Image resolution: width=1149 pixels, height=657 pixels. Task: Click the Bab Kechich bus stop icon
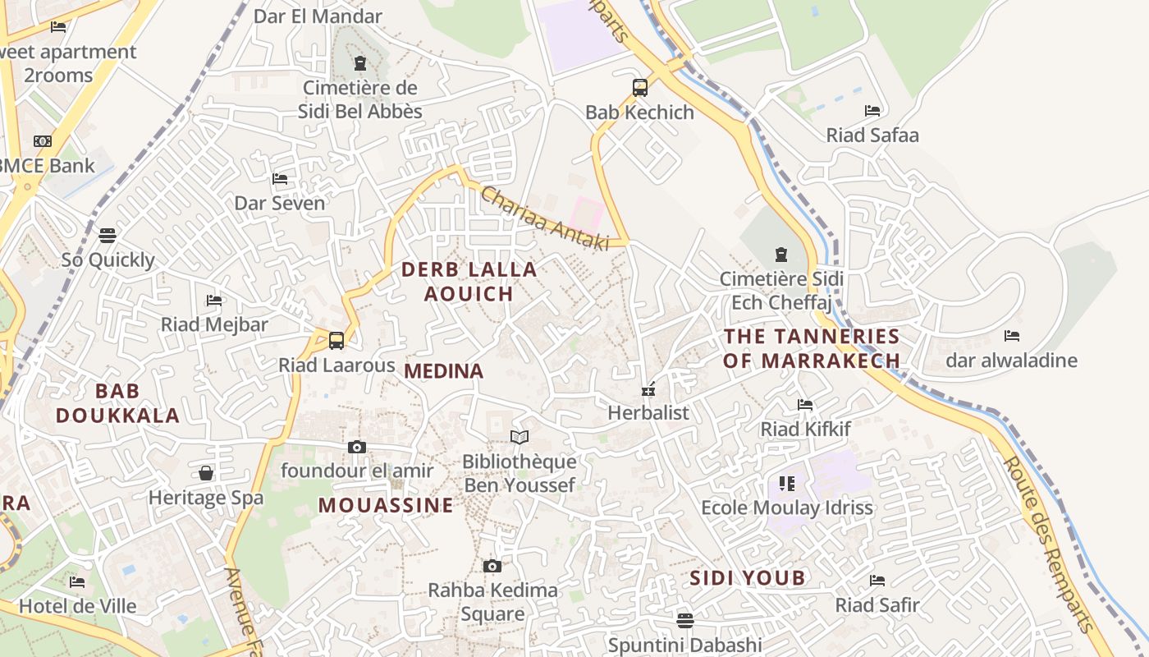pyautogui.click(x=639, y=87)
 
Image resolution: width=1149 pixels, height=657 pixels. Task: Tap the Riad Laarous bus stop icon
pyautogui.click(x=336, y=340)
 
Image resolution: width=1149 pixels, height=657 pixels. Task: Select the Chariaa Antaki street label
pyautogui.click(x=544, y=218)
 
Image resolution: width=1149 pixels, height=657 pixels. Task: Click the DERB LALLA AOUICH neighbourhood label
pyautogui.click(x=469, y=281)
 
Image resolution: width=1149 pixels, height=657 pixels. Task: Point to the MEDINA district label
pyautogui.click(x=444, y=371)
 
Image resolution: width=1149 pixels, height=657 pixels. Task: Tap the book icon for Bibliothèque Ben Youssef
pyautogui.click(x=519, y=437)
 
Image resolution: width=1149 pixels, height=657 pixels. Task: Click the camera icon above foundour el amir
pyautogui.click(x=356, y=447)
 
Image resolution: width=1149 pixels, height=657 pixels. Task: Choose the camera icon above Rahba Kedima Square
pyautogui.click(x=492, y=566)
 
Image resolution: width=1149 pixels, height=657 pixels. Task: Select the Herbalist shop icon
pyautogui.click(x=648, y=389)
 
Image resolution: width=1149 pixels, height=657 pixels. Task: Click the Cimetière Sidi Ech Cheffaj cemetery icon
pyautogui.click(x=780, y=255)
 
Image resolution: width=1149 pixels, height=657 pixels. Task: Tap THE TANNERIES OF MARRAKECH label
pyautogui.click(x=812, y=348)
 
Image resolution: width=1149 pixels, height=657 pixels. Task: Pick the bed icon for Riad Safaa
pyautogui.click(x=872, y=111)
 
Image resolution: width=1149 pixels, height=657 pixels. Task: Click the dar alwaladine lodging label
pyautogui.click(x=1011, y=360)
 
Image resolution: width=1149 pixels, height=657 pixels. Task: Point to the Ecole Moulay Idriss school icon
pyautogui.click(x=786, y=483)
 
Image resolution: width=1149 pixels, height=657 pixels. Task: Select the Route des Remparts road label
pyautogui.click(x=1048, y=544)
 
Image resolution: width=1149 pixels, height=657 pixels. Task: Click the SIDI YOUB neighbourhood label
pyautogui.click(x=747, y=578)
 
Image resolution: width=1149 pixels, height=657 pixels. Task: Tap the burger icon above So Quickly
pyautogui.click(x=108, y=236)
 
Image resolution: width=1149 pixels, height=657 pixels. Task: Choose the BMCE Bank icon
pyautogui.click(x=42, y=141)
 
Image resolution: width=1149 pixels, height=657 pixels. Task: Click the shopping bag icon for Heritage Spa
pyautogui.click(x=206, y=473)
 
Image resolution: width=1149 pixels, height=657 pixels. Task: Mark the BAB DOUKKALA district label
pyautogui.click(x=117, y=402)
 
